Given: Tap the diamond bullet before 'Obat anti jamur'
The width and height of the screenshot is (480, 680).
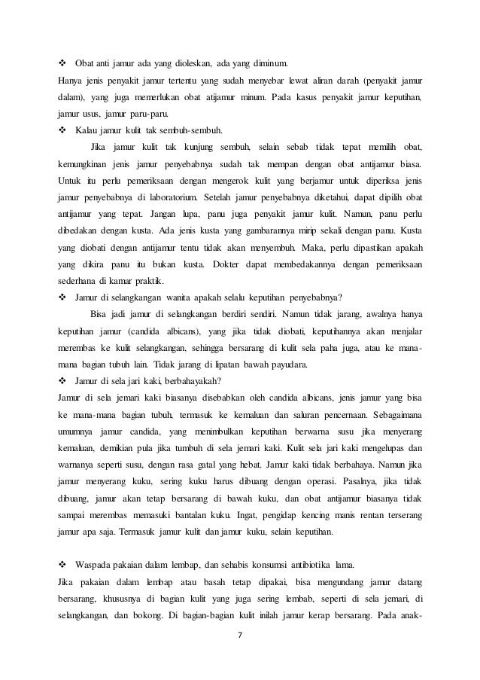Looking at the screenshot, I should coord(62,62).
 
